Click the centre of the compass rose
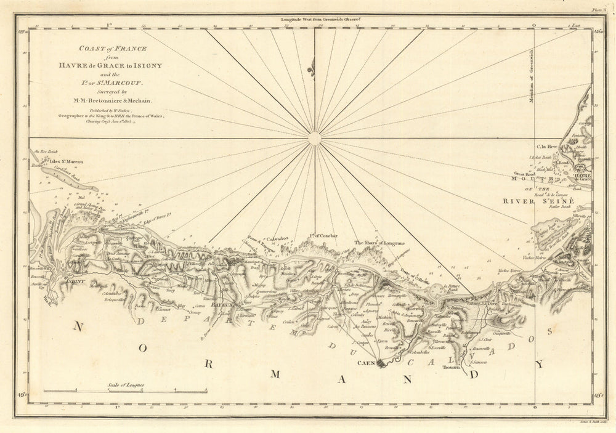click(314, 139)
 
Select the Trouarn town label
click(451, 368)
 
